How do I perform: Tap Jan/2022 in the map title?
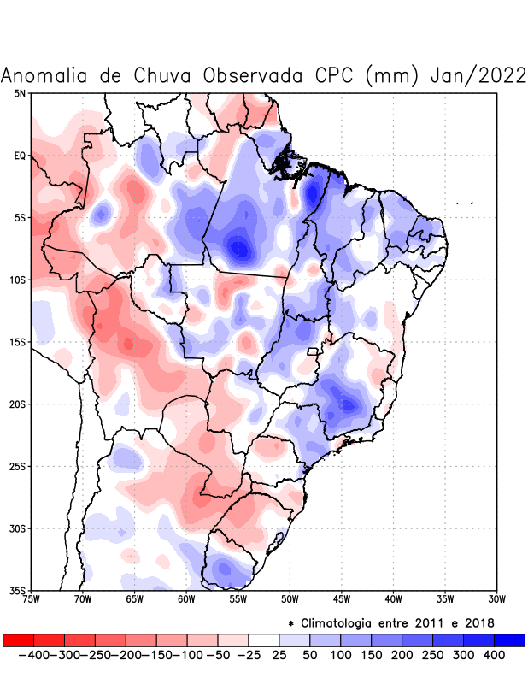point(478,75)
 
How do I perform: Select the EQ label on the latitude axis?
point(20,156)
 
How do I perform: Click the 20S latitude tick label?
point(18,404)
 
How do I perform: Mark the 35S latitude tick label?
point(18,590)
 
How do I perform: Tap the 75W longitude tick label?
point(32,598)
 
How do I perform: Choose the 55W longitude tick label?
point(238,598)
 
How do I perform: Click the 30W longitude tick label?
point(497,598)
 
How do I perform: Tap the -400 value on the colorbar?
point(33,654)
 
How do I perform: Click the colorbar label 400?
point(493,654)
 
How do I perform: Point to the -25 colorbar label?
point(249,654)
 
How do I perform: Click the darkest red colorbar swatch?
point(18,640)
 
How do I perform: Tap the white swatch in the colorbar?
point(264,640)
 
